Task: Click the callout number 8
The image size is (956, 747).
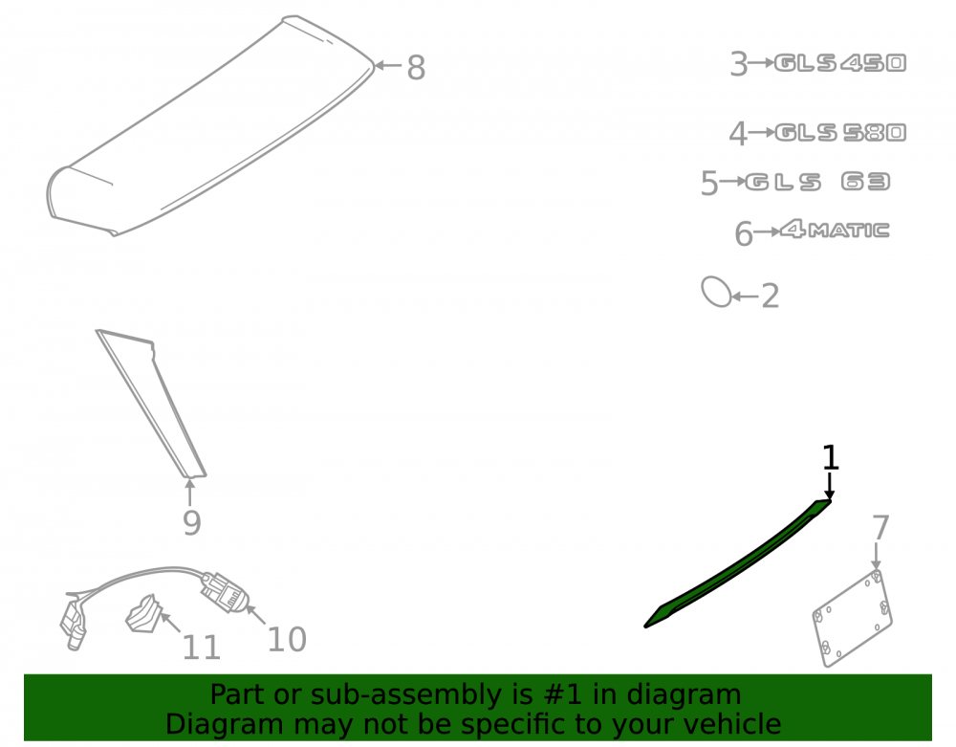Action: pos(416,67)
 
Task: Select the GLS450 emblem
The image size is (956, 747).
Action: pos(840,63)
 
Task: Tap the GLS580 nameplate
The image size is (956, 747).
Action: pos(840,132)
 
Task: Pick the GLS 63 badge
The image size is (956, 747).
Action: pos(817,182)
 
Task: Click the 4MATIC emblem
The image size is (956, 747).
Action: pos(835,230)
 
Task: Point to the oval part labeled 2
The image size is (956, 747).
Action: pos(716,292)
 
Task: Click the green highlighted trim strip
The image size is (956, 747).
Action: pos(738,564)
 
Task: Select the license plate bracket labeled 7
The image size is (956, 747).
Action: pos(853,618)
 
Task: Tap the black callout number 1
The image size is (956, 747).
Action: pos(831,457)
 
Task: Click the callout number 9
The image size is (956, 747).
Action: pos(191,523)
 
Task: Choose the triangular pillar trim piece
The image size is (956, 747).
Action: pos(152,404)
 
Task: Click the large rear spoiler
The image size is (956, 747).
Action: pos(210,125)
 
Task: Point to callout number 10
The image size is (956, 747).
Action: pos(287,640)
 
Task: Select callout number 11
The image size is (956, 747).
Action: pos(201,648)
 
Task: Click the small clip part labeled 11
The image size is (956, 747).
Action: pos(143,613)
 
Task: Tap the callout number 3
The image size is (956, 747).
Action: pos(739,64)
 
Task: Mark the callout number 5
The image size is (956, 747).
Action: pos(709,183)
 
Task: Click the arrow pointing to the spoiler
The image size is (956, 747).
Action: pos(388,65)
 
